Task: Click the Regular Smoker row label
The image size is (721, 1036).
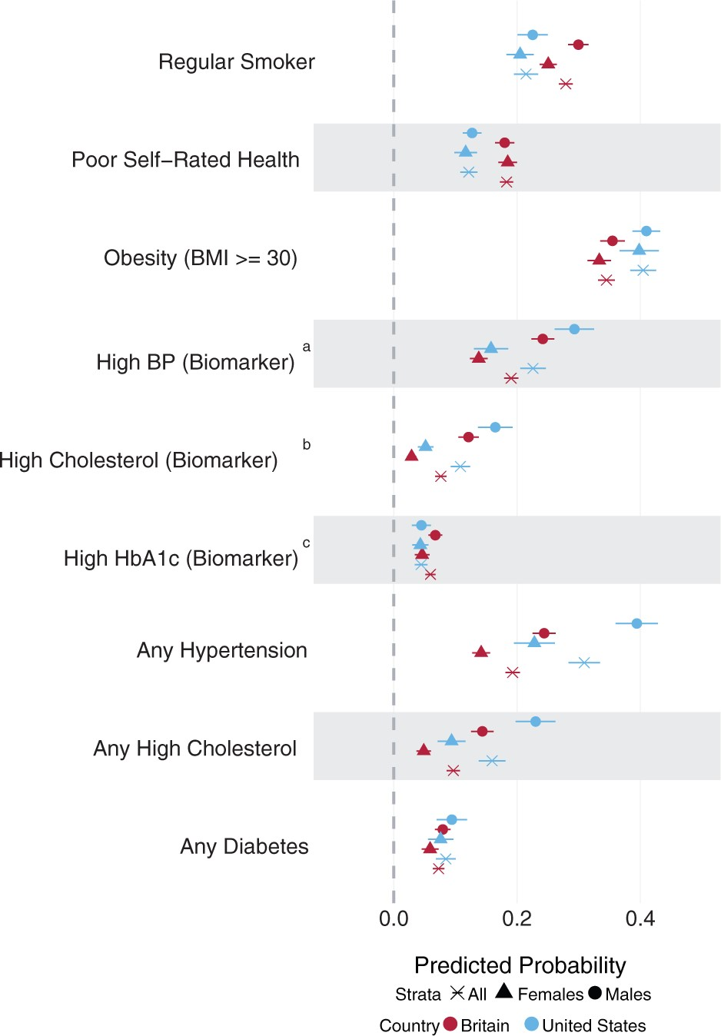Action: click(x=236, y=62)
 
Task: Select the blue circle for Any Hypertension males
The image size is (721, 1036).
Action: click(x=636, y=623)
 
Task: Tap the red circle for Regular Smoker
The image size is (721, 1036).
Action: click(x=578, y=45)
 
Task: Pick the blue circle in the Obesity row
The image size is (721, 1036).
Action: click(x=646, y=231)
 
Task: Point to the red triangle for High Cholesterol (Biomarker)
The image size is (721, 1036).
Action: click(x=411, y=456)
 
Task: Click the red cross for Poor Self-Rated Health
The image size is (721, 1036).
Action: click(x=507, y=182)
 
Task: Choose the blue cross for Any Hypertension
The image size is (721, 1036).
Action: click(x=584, y=662)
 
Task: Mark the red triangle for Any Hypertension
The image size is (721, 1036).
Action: click(x=481, y=652)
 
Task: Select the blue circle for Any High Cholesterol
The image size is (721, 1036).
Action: click(x=535, y=722)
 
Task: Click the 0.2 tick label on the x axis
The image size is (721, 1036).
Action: click(x=517, y=918)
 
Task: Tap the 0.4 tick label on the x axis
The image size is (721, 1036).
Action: click(x=640, y=918)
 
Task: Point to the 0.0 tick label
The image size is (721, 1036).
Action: click(x=394, y=918)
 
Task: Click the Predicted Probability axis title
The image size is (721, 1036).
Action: click(x=520, y=965)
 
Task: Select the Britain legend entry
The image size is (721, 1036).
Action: click(x=477, y=1025)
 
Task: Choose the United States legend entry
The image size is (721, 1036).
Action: click(x=586, y=1025)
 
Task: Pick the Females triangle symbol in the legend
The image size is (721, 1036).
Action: click(x=504, y=991)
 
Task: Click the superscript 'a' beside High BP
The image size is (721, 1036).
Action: click(x=307, y=347)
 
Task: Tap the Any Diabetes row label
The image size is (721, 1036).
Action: click(x=244, y=847)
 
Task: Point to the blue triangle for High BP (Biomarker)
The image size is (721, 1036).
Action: click(x=490, y=347)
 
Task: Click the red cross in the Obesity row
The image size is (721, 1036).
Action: click(x=606, y=280)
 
